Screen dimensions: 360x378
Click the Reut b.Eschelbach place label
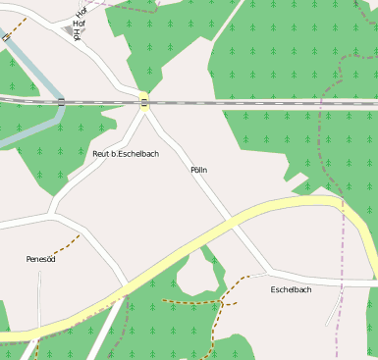pyautogui.click(x=125, y=154)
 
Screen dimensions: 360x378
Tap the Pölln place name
pyautogui.click(x=199, y=170)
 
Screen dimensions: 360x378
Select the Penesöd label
pyautogui.click(x=40, y=259)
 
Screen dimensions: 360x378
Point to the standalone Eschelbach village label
pyautogui.click(x=291, y=289)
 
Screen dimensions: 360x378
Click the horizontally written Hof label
pyautogui.click(x=79, y=23)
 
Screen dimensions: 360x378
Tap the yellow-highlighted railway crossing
pyautogui.click(x=143, y=101)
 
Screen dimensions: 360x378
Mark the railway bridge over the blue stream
pyautogui.click(x=61, y=101)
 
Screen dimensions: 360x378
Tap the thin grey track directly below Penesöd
pyautogui.click(x=39, y=294)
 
